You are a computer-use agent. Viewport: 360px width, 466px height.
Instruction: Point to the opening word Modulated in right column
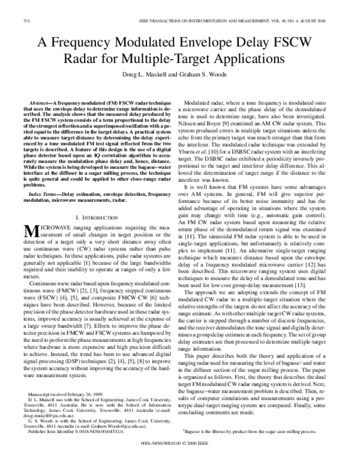click(201, 103)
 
